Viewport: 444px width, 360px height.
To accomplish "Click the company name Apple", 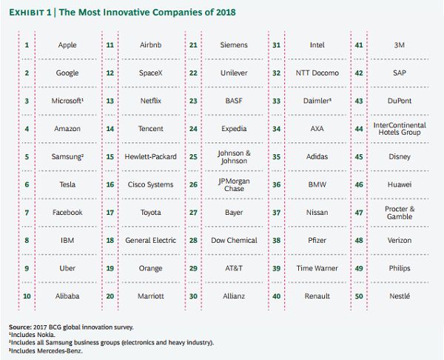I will pyautogui.click(x=67, y=45).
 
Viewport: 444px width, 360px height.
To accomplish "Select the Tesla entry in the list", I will pyautogui.click(x=67, y=184).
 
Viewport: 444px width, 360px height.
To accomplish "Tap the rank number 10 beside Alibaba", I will pyautogui.click(x=27, y=296).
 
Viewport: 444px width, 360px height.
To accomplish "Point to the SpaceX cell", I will pyautogui.click(x=150, y=73).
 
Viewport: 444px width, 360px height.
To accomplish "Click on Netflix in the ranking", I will pyautogui.click(x=150, y=101).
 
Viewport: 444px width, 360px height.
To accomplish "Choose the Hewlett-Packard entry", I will pyautogui.click(x=150, y=156).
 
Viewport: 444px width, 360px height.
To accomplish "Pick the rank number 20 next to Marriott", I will pyautogui.click(x=110, y=296).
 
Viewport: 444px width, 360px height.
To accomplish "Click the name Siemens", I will pyautogui.click(x=234, y=45).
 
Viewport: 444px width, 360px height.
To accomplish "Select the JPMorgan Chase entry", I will pyautogui.click(x=234, y=184).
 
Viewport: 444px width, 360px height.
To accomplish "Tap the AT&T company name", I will pyautogui.click(x=234, y=267).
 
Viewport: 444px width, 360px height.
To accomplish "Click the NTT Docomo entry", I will pyautogui.click(x=317, y=73).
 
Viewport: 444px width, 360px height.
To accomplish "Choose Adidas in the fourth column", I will pyautogui.click(x=317, y=156).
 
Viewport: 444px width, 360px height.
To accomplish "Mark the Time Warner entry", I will pyautogui.click(x=317, y=267).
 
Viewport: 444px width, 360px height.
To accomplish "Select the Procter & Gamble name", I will pyautogui.click(x=400, y=212).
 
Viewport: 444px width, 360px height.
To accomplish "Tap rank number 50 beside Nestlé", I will pyautogui.click(x=360, y=296).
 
